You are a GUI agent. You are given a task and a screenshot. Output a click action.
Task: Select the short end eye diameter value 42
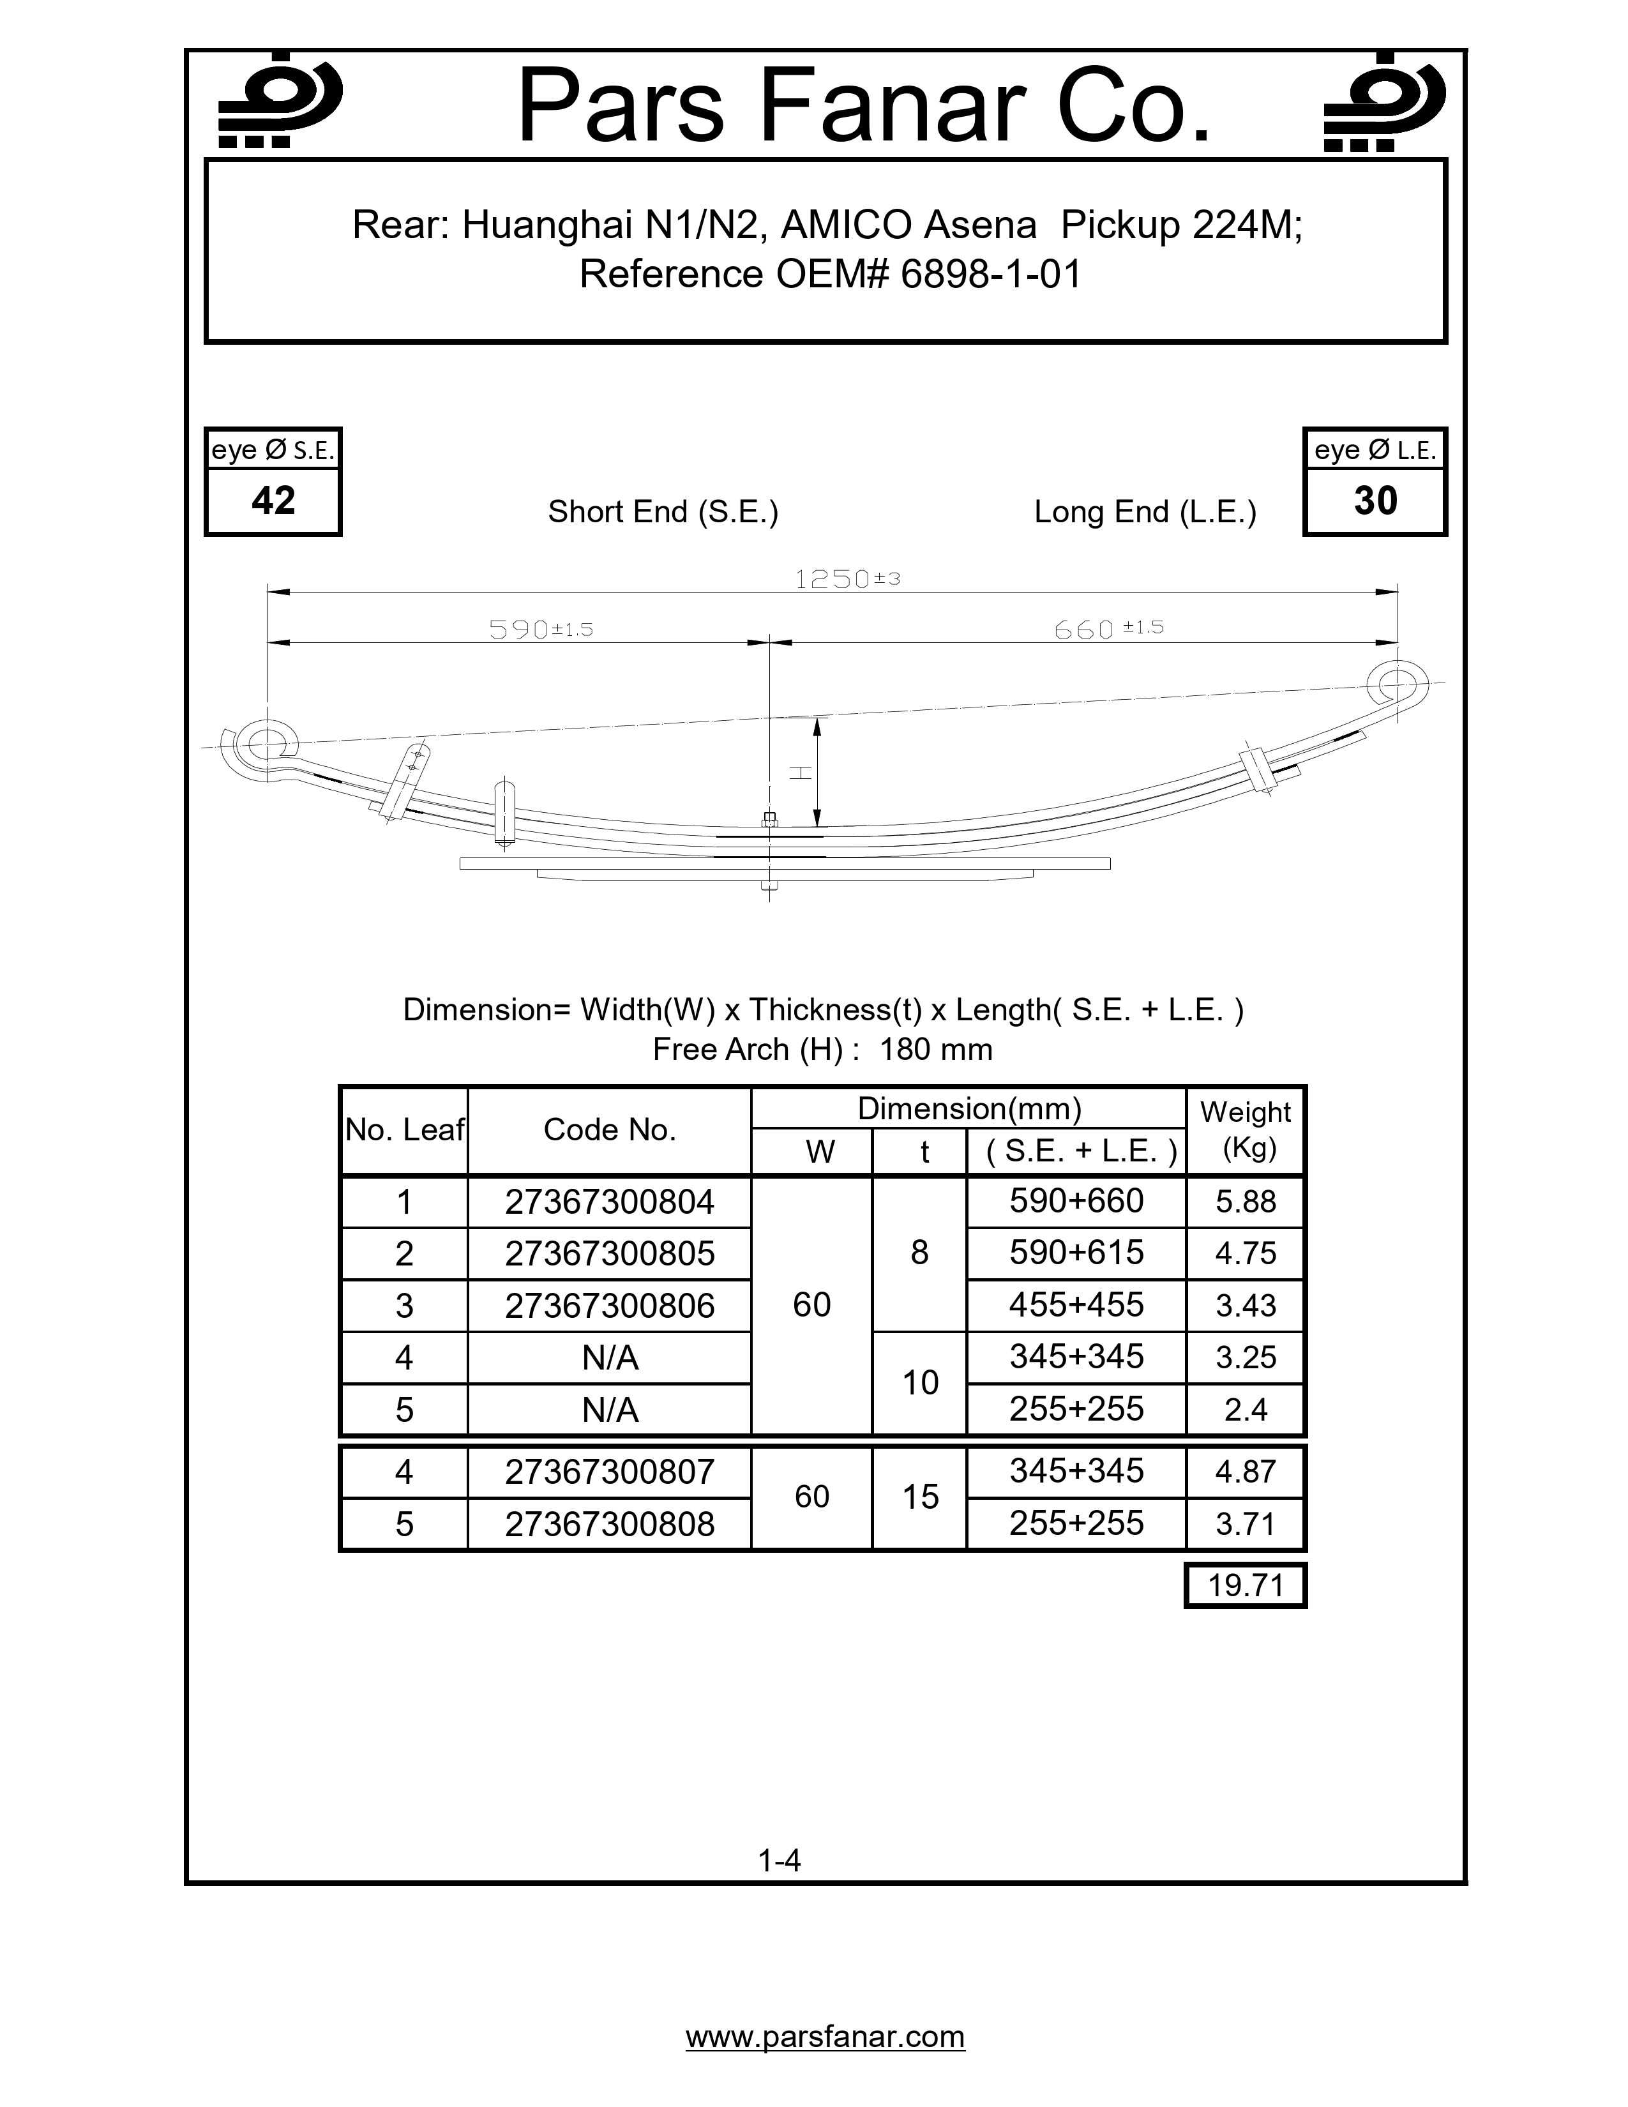pyautogui.click(x=273, y=501)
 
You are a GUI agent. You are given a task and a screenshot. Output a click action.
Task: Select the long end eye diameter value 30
pyautogui.click(x=1375, y=501)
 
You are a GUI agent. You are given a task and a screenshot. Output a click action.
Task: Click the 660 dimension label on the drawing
pyautogui.click(x=1107, y=629)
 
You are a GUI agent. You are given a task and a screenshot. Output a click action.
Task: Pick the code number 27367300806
pyautogui.click(x=610, y=1305)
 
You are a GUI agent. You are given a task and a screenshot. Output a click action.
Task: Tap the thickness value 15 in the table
pyautogui.click(x=920, y=1497)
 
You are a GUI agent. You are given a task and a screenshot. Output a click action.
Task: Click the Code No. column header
pyautogui.click(x=610, y=1129)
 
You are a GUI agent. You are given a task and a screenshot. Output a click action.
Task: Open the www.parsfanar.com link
pyautogui.click(x=825, y=2037)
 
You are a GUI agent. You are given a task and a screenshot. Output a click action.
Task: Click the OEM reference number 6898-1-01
pyautogui.click(x=990, y=275)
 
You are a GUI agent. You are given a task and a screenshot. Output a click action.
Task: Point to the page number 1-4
pyautogui.click(x=780, y=1860)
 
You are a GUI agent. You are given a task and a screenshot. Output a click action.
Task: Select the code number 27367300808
pyautogui.click(x=610, y=1523)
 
